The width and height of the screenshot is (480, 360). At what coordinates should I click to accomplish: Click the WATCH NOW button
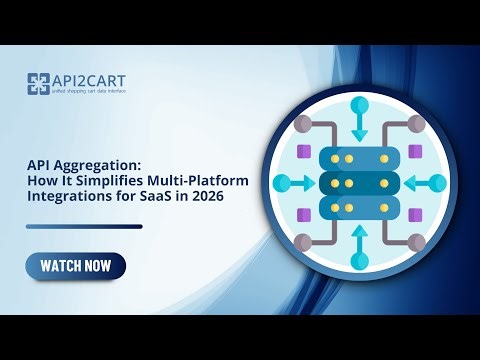[76, 266]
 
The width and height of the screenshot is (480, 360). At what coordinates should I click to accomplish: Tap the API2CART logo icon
[39, 85]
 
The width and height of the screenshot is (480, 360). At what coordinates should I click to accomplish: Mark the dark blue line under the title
[84, 226]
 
